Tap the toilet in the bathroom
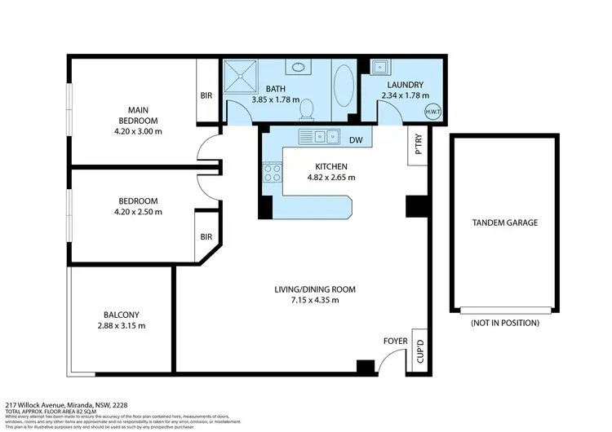tap(308, 107)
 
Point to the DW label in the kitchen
tap(355, 140)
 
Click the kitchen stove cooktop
tap(272, 172)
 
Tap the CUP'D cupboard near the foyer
tap(419, 350)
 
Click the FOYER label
tap(395, 341)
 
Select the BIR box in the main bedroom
tap(206, 96)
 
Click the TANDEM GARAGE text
tap(505, 223)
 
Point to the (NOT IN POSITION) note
tap(505, 323)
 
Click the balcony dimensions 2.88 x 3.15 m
tap(122, 325)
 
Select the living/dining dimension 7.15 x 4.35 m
tap(313, 300)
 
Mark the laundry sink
tap(381, 68)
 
